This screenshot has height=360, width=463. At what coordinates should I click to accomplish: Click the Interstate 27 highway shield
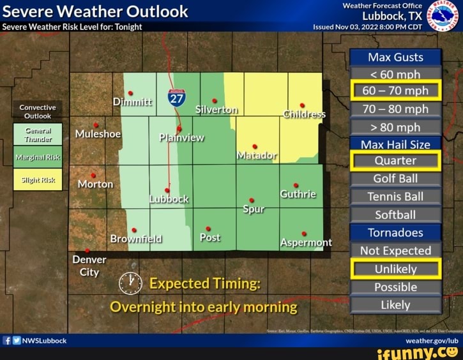point(177,98)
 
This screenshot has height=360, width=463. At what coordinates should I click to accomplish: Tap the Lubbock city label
point(169,199)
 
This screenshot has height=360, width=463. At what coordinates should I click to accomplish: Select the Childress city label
point(305,115)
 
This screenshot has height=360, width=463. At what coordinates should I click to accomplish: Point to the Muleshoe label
point(98,134)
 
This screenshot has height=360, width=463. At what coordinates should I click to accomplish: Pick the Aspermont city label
point(306,243)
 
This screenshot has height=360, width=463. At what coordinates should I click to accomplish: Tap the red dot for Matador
point(255,146)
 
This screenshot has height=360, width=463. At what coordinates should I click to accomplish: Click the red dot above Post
point(208,229)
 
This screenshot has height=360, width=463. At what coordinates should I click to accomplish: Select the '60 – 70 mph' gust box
point(395,91)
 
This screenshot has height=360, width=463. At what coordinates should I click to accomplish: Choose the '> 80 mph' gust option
point(395,127)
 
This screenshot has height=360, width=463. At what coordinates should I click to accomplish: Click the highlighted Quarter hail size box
point(395,161)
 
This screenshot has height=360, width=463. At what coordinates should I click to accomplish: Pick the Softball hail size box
point(395,214)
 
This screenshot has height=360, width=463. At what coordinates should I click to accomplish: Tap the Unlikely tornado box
point(395,269)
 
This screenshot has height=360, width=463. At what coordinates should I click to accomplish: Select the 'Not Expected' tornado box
point(395,251)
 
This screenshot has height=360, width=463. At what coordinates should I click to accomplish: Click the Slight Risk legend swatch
point(38,180)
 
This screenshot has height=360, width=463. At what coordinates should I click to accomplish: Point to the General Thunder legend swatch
point(38,134)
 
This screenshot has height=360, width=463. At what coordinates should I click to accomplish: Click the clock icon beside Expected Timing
point(130,282)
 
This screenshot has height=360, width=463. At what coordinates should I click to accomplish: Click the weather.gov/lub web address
point(432,341)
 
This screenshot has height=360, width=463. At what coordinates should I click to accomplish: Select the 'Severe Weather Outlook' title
point(96,11)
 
